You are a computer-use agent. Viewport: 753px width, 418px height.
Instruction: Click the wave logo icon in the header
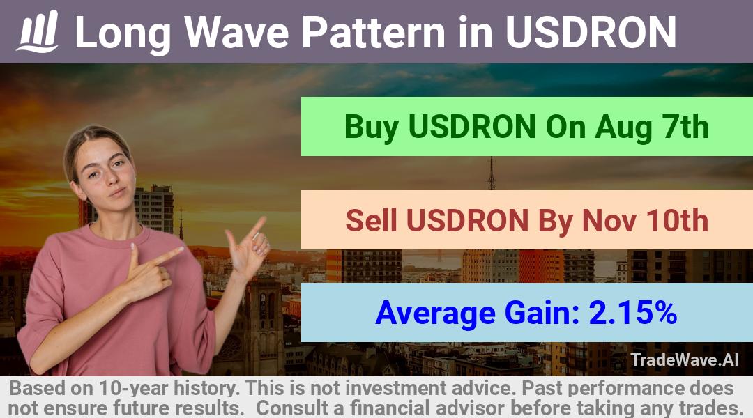pyautogui.click(x=38, y=31)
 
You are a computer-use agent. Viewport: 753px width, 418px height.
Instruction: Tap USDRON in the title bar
pyautogui.click(x=591, y=32)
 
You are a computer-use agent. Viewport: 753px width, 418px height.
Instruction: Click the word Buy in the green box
pyautogui.click(x=371, y=127)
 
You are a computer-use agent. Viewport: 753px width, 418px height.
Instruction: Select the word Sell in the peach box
pyautogui.click(x=371, y=220)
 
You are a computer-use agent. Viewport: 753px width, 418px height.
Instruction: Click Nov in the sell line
pyautogui.click(x=609, y=220)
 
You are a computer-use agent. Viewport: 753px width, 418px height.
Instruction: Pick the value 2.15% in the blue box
pyautogui.click(x=632, y=313)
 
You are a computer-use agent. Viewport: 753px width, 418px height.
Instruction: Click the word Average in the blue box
pyautogui.click(x=435, y=313)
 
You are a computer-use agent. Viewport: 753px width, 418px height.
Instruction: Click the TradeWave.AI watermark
pyautogui.click(x=685, y=359)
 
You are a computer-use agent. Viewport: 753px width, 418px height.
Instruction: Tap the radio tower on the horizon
pyautogui.click(x=492, y=173)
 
